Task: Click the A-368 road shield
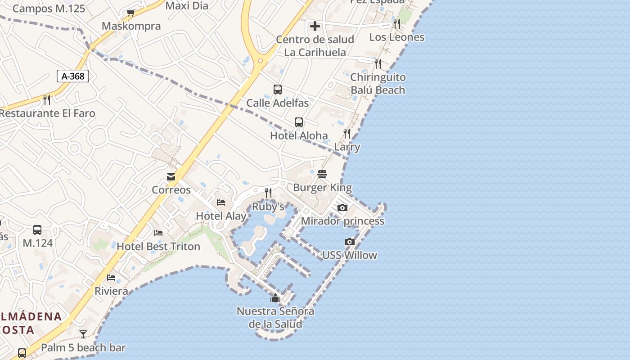73,76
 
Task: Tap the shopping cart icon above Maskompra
130,13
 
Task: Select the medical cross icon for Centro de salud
315,26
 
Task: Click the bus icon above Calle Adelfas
278,90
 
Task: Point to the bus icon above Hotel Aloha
299,122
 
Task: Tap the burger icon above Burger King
322,174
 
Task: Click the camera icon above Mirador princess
342,208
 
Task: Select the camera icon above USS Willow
350,242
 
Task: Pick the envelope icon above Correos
171,177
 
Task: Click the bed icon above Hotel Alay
221,202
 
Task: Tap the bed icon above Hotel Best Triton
158,233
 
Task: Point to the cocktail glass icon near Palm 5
83,334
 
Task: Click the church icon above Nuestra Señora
275,298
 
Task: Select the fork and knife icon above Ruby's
268,193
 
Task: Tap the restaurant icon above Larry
347,134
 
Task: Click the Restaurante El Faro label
47,113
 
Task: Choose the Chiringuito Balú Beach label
378,84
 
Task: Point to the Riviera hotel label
111,291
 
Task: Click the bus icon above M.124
38,230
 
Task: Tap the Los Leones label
396,37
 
